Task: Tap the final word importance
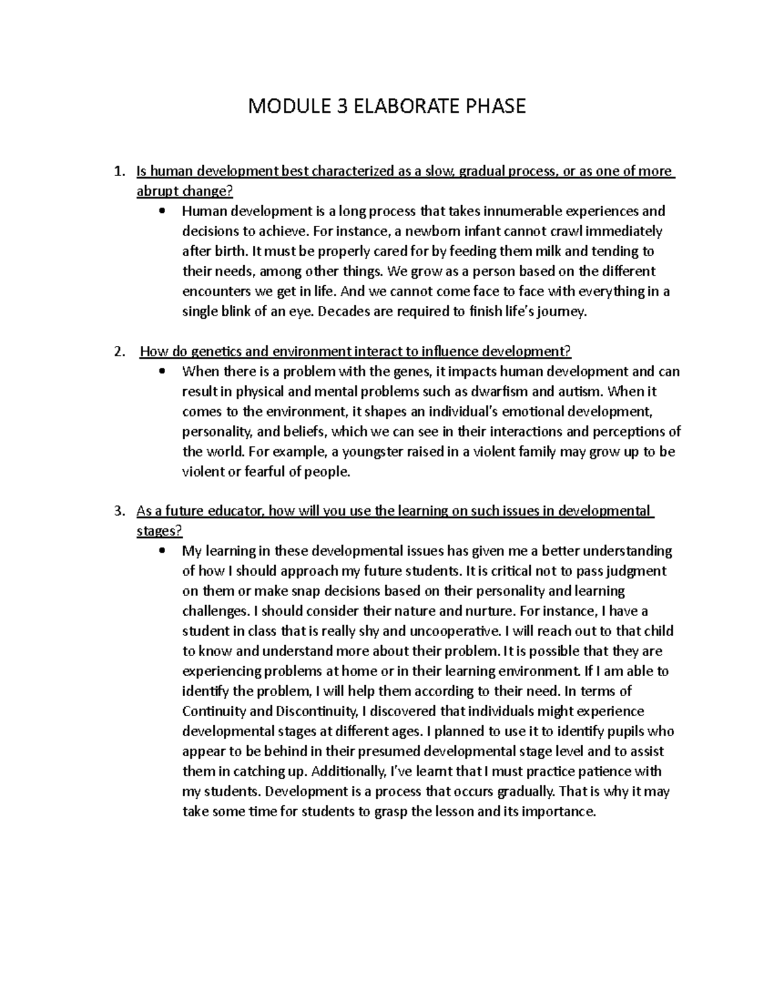point(559,811)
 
